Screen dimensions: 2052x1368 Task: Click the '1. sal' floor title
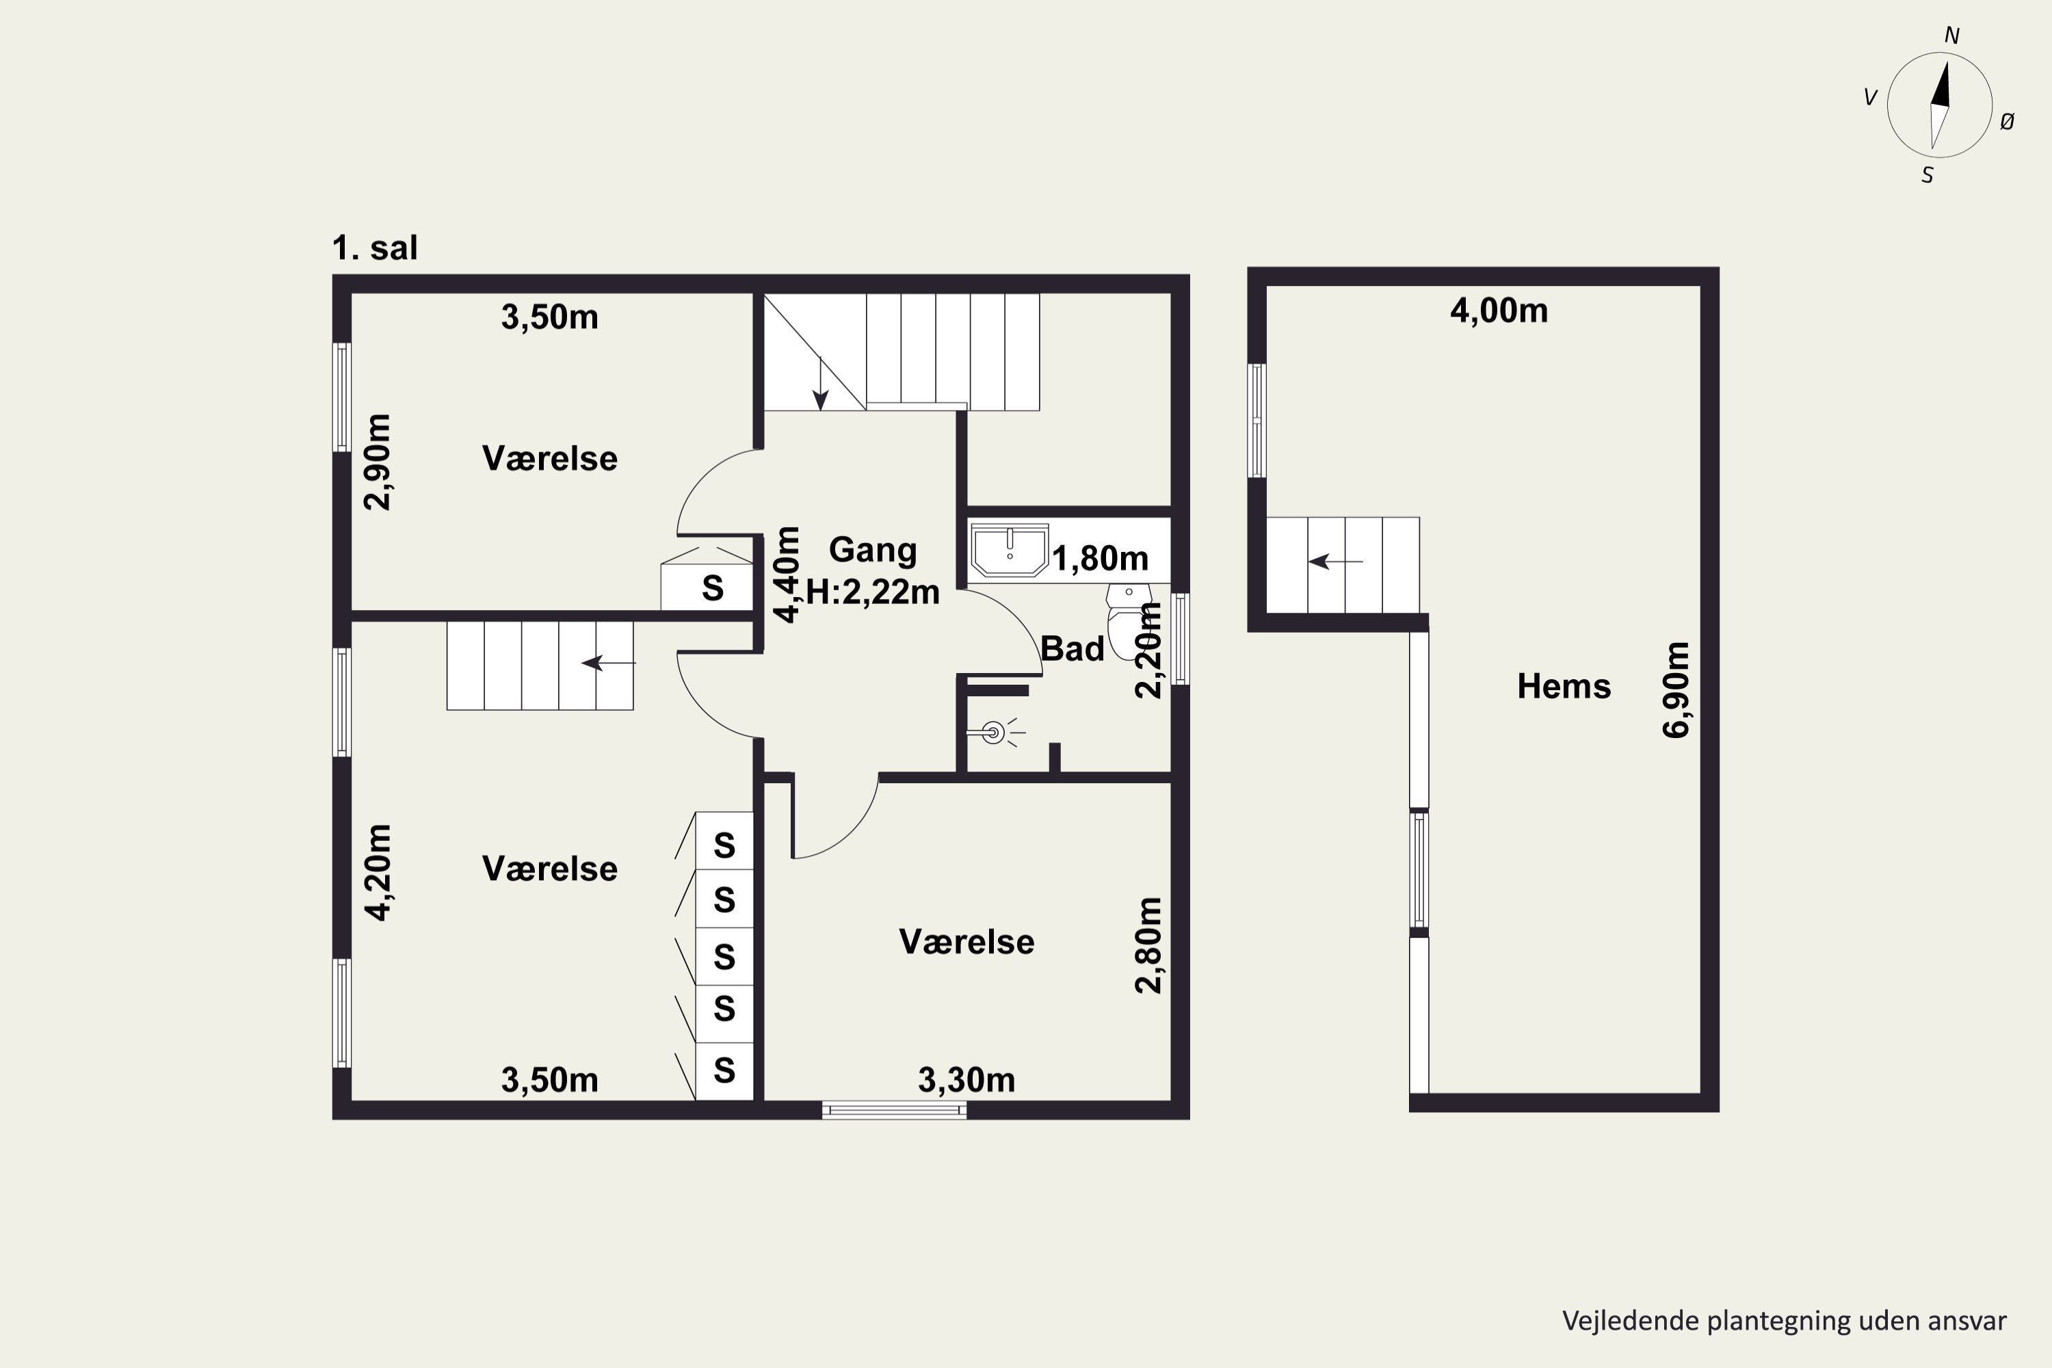[374, 248]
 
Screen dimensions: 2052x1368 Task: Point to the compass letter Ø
[2007, 122]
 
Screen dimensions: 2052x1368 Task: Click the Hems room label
[1564, 687]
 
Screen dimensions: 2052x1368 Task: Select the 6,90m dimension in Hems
[1676, 690]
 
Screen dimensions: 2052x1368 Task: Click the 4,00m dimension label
[1499, 311]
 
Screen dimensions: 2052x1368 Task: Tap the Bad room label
[1073, 649]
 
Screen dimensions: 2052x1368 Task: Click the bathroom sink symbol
[1010, 551]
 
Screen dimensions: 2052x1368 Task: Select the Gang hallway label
[873, 551]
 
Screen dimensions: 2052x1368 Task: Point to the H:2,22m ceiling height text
[873, 592]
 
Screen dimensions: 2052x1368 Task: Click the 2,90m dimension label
[378, 462]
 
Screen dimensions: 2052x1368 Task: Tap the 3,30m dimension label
[966, 1081]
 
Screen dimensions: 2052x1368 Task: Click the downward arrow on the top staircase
[820, 384]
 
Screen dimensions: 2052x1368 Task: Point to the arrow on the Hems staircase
[1336, 562]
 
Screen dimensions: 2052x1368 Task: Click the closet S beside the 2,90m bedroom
[713, 589]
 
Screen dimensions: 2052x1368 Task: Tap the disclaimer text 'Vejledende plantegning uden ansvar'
[1784, 1321]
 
